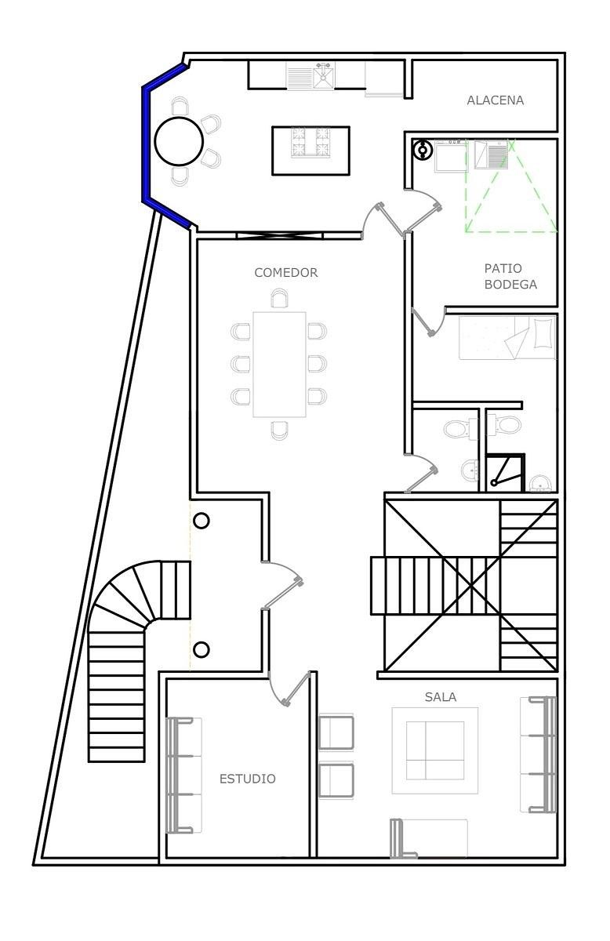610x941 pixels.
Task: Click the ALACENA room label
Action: pos(496,100)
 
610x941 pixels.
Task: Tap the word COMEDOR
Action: pos(286,273)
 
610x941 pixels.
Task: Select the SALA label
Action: pos(441,697)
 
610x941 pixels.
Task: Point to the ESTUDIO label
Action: pos(248,779)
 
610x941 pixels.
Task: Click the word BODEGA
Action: pos(510,285)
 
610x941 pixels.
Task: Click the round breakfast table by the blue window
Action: pos(179,141)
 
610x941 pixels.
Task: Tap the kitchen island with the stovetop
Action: pos(311,151)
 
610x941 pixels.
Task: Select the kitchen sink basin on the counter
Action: pos(324,75)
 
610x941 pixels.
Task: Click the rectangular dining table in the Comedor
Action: pos(279,364)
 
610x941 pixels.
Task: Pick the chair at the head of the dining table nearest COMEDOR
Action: pos(280,298)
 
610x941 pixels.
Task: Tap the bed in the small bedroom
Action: pos(507,338)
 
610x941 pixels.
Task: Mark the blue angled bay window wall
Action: pos(144,143)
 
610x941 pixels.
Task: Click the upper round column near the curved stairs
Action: pos(202,521)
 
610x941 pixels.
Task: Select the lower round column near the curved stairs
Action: pos(202,650)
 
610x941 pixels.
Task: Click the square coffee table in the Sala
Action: pos(435,750)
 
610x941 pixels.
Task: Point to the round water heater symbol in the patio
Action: pos(422,149)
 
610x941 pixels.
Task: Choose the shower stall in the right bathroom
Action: pos(506,473)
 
